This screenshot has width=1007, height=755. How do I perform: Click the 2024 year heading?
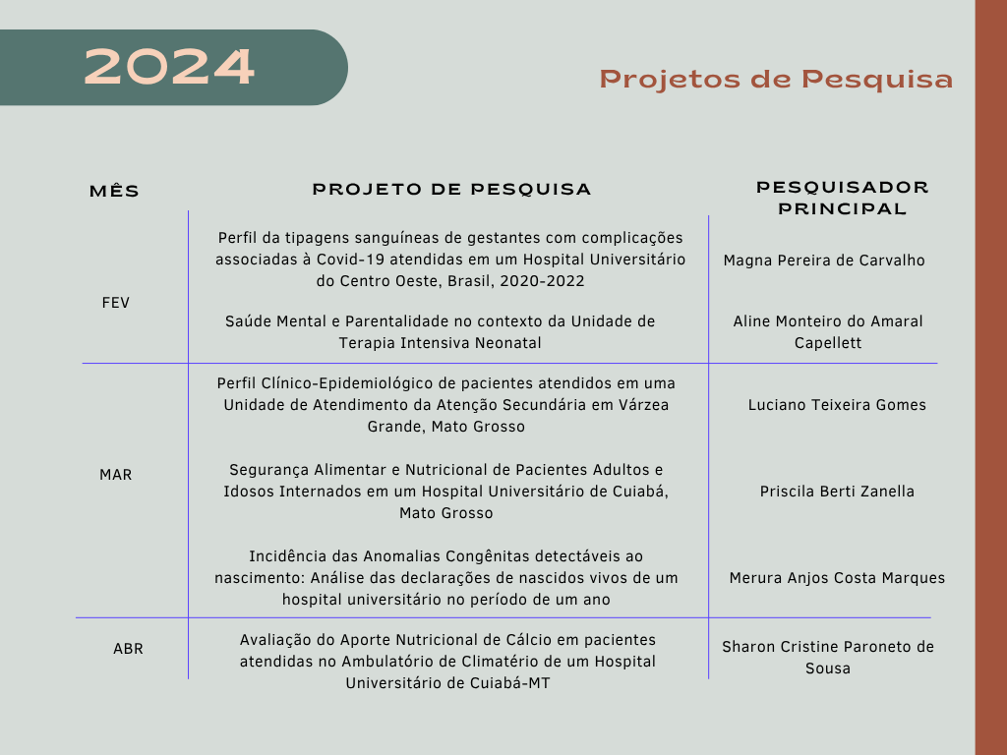click(169, 67)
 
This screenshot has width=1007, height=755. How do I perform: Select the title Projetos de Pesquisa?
click(776, 79)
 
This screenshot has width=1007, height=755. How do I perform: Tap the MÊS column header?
click(114, 191)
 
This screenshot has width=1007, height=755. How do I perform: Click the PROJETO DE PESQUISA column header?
click(451, 189)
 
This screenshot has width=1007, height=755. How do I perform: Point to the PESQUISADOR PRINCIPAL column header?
click(842, 198)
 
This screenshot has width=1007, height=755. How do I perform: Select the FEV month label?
click(115, 303)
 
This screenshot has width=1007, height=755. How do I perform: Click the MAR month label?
click(115, 475)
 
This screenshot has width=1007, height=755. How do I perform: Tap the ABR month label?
click(128, 649)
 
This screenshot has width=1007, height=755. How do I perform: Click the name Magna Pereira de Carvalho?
click(824, 261)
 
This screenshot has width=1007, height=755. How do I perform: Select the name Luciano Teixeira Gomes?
click(837, 405)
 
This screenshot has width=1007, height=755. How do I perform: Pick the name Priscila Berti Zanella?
click(837, 492)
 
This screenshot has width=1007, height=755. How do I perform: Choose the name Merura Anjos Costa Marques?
click(837, 578)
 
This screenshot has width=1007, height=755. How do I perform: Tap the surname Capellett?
click(828, 342)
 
